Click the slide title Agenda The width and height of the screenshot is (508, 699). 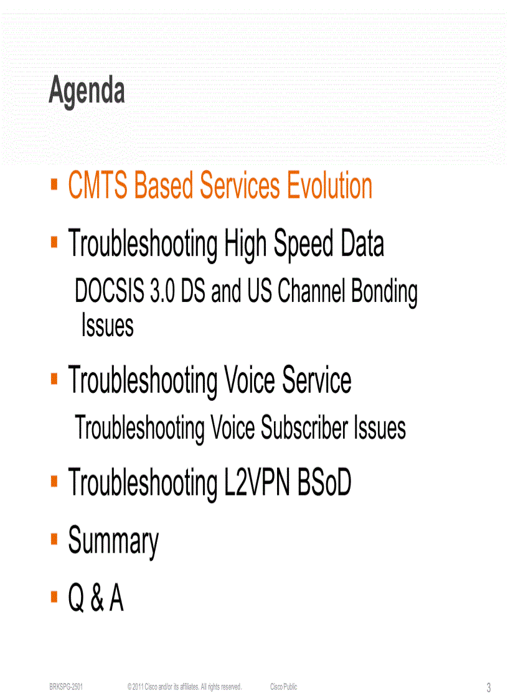[x=87, y=91]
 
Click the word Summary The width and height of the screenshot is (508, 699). [x=113, y=541]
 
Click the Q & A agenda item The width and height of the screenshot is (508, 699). [x=96, y=599]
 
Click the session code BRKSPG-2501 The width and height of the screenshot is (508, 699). [x=66, y=687]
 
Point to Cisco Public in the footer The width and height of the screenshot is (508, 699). [x=283, y=687]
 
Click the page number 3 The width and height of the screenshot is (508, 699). [x=489, y=688]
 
